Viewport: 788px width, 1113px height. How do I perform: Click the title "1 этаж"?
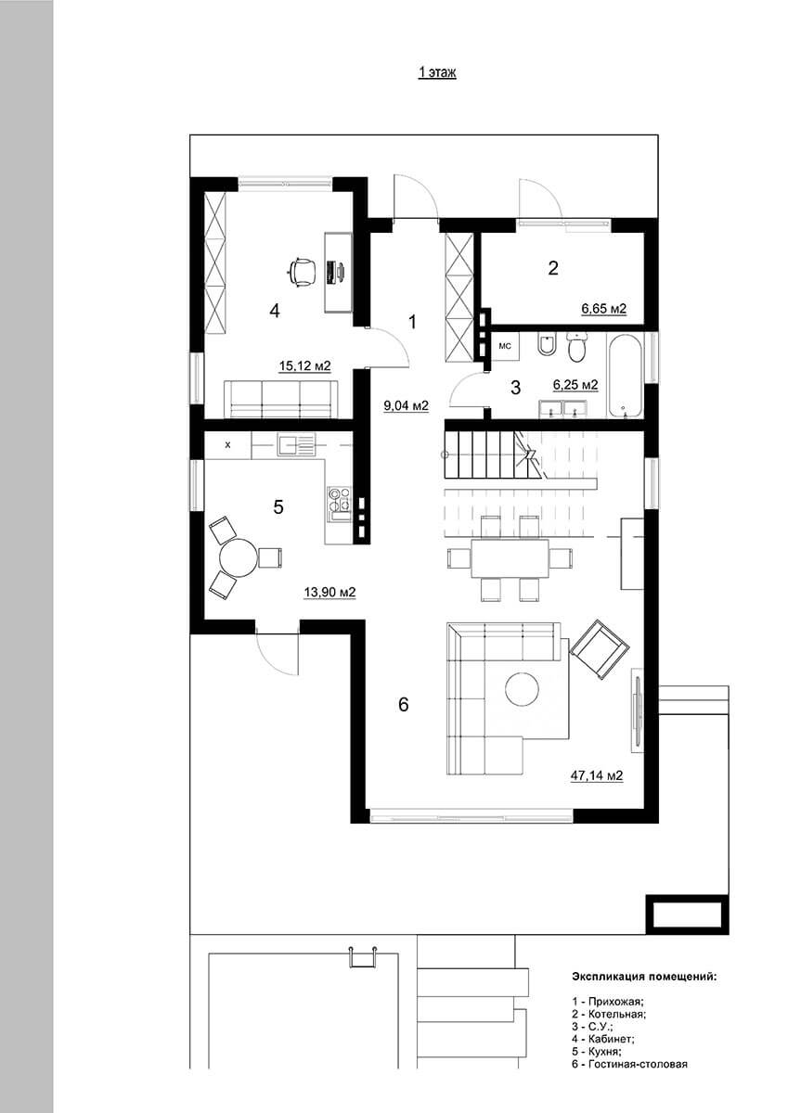point(436,72)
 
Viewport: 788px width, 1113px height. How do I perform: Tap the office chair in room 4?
point(302,272)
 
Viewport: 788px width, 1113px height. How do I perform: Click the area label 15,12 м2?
point(304,366)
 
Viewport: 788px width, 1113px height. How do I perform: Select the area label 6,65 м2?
point(603,309)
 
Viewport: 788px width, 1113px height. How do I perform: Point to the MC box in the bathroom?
point(505,346)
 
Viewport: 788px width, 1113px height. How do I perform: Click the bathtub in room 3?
point(625,376)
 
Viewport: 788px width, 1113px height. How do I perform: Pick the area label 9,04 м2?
point(406,406)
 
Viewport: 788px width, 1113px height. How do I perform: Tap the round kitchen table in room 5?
point(239,557)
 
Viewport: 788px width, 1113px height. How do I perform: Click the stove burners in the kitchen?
point(339,499)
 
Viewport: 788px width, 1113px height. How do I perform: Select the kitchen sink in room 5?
point(296,443)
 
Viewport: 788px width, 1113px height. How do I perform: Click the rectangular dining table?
point(510,558)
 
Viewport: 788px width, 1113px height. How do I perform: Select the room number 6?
point(403,704)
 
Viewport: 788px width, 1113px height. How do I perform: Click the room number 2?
point(553,268)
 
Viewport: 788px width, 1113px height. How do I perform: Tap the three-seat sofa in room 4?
point(281,399)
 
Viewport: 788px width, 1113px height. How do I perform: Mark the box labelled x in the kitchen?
point(227,444)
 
